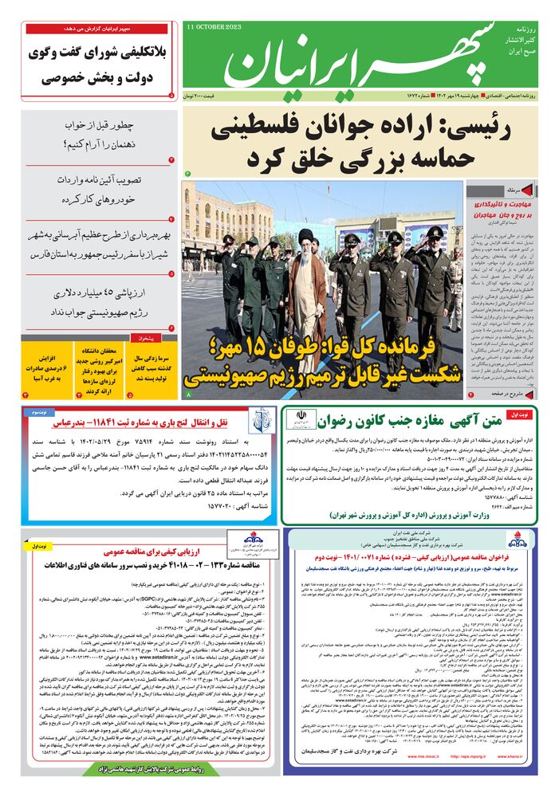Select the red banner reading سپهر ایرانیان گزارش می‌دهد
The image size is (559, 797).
(x=96, y=28)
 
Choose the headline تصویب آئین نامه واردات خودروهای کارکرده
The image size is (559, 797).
(x=99, y=188)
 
